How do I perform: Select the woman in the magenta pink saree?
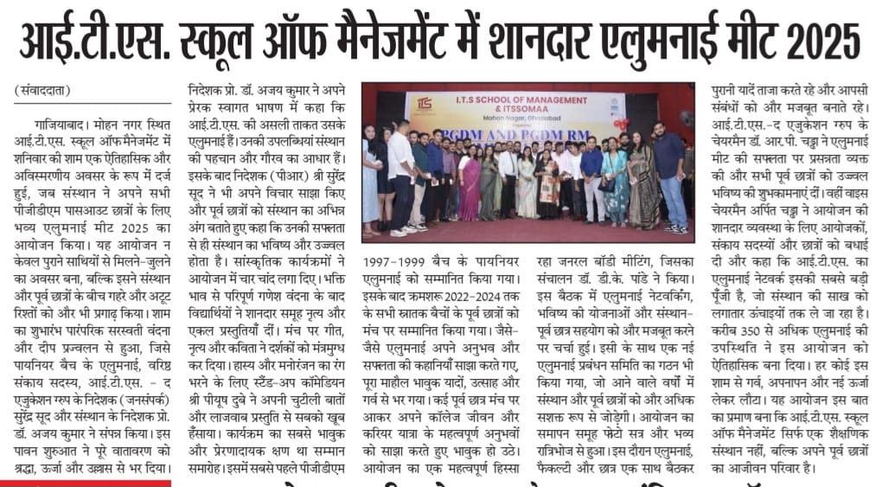(469, 185)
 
